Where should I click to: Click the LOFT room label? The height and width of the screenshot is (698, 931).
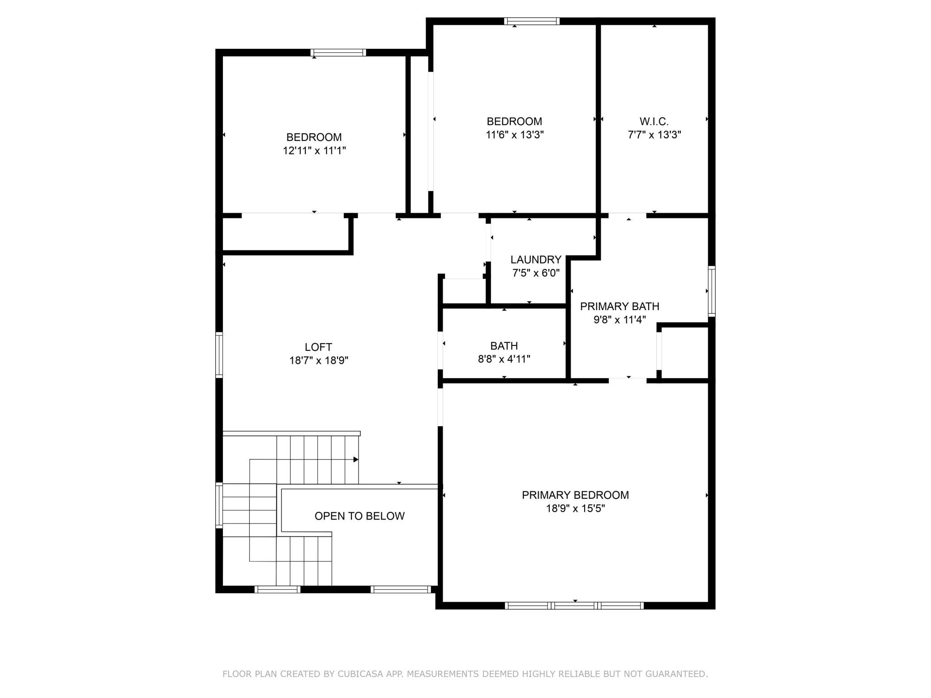[x=318, y=347]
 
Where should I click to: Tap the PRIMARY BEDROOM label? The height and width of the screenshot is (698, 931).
[x=575, y=495]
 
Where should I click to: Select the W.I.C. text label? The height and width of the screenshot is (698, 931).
[x=654, y=121]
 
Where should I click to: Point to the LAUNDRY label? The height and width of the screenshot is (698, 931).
[x=536, y=260]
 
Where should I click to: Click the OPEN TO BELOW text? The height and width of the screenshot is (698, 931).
[x=359, y=516]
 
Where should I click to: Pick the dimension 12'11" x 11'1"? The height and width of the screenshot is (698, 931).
[x=314, y=151]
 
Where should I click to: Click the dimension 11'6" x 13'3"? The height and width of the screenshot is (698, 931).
[x=515, y=135]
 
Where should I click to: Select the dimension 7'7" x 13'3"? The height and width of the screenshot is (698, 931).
[x=654, y=135]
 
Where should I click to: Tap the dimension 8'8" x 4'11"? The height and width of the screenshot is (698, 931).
[x=504, y=359]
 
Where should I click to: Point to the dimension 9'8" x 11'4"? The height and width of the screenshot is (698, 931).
[x=619, y=320]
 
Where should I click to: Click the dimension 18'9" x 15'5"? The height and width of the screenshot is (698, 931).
[x=575, y=508]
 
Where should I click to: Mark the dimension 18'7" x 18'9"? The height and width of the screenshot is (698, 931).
[x=319, y=360]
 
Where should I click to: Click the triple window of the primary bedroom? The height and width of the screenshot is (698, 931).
[x=574, y=605]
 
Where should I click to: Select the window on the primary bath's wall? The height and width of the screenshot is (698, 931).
[x=711, y=291]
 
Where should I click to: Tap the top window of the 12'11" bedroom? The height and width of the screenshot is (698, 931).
[x=338, y=53]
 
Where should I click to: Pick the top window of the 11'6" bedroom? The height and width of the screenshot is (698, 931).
[x=532, y=21]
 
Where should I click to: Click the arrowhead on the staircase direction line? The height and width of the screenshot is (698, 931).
[x=356, y=460]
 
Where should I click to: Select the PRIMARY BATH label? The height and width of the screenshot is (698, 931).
[x=619, y=306]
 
